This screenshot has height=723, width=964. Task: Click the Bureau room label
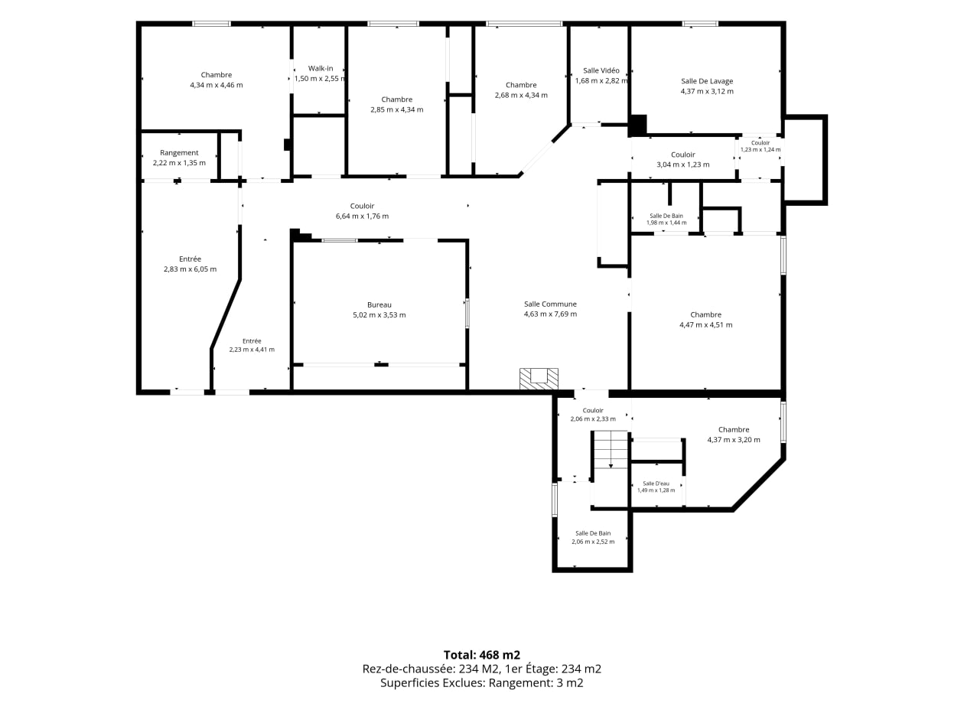coord(379,305)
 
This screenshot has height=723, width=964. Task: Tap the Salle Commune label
coord(550,304)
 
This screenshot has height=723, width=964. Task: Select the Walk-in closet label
coord(321,69)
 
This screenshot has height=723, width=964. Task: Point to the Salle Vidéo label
coord(601,70)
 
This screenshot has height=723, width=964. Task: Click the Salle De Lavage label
coord(707,81)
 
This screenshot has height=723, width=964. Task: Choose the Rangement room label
coord(179,153)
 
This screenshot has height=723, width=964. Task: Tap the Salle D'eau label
coord(656,484)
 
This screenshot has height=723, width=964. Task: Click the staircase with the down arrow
coord(611,450)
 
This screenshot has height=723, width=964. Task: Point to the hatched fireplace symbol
coord(539,379)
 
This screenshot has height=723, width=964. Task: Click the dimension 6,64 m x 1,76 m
coord(363,216)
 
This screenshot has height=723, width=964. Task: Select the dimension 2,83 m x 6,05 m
coord(191,269)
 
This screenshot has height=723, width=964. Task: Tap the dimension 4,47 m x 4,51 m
coord(705,325)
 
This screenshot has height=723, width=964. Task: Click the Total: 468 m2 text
coord(482,655)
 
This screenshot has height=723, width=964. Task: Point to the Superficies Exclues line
coord(482,683)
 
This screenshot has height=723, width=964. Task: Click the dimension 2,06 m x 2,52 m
coord(593,542)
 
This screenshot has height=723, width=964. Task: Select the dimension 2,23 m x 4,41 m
coord(252,350)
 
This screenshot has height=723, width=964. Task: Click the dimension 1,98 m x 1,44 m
coord(666,223)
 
